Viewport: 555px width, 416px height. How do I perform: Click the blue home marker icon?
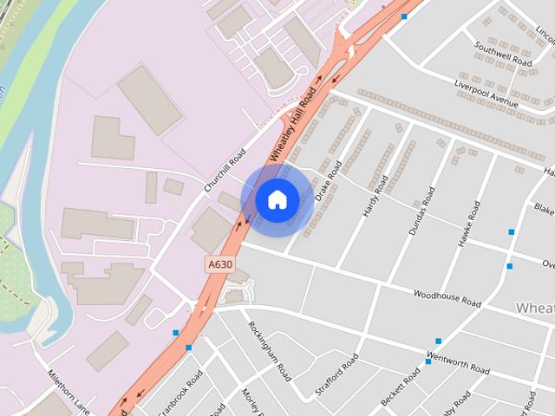(277, 200)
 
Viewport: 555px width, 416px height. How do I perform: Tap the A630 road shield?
(219, 263)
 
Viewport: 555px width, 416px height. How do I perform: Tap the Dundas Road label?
(420, 212)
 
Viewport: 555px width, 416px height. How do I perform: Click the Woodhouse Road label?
(447, 299)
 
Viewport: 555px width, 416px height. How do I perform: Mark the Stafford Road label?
(336, 374)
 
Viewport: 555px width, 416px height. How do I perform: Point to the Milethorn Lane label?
(69, 393)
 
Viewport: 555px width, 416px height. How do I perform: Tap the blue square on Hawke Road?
(512, 232)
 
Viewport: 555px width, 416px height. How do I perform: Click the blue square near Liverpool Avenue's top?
(403, 16)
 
